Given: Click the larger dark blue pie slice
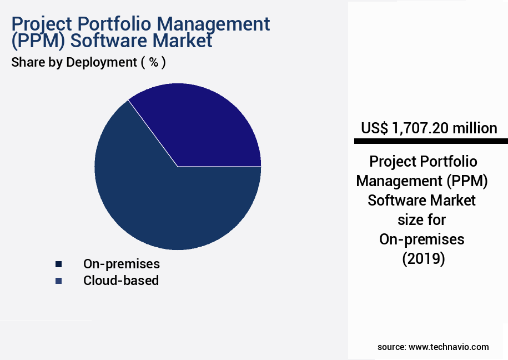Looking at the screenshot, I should tap(167, 206).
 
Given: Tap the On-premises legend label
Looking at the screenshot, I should tap(121, 263).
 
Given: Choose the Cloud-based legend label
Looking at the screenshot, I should tap(121, 281).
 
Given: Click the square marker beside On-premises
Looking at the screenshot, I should tap(58, 264).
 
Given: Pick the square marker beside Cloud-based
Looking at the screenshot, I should tap(58, 281).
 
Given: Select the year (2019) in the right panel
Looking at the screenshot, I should tap(423, 259).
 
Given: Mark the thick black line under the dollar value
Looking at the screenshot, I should tap(431, 142).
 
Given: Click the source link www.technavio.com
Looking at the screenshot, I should tap(449, 347).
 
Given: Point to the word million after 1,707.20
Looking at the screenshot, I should tap(474, 128).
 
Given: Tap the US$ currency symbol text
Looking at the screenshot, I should tap(374, 128).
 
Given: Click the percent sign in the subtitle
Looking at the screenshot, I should tap(153, 62).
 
